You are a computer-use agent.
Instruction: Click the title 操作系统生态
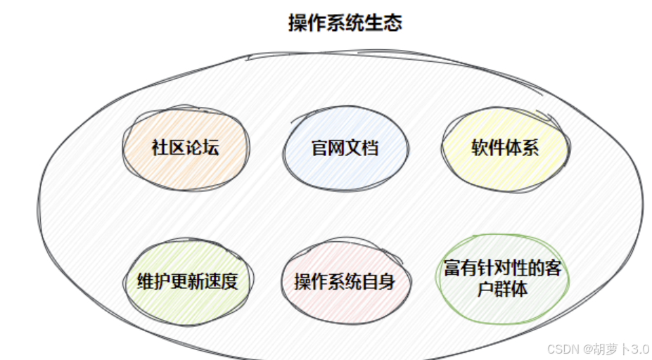tap(345, 22)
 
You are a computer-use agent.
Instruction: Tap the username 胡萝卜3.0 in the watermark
tap(619, 349)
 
